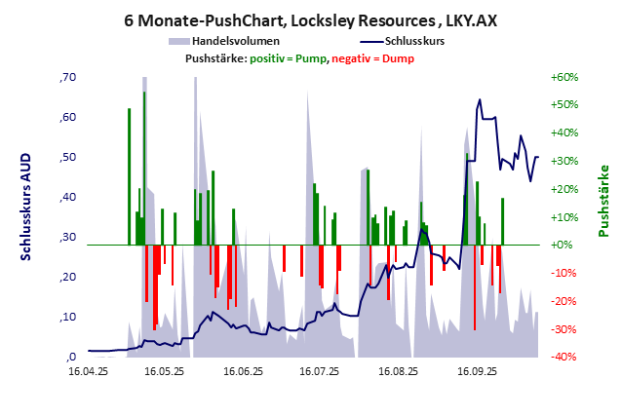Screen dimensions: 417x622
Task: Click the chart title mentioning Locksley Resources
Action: pos(310,19)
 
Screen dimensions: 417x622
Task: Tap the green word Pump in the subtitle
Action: pos(309,59)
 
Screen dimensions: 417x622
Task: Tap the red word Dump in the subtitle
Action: pos(398,59)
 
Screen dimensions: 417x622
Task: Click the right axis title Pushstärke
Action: pos(603,201)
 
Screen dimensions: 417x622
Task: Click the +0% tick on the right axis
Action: pos(564,245)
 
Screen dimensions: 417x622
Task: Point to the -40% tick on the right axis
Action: pos(564,357)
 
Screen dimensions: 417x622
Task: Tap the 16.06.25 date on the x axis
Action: pos(243,371)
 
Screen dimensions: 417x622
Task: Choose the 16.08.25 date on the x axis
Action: pos(398,371)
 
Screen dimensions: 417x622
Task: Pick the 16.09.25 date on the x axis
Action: pos(476,371)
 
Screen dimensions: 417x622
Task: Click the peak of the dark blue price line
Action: pos(479,99)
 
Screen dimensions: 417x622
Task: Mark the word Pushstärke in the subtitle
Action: pos(214,59)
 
